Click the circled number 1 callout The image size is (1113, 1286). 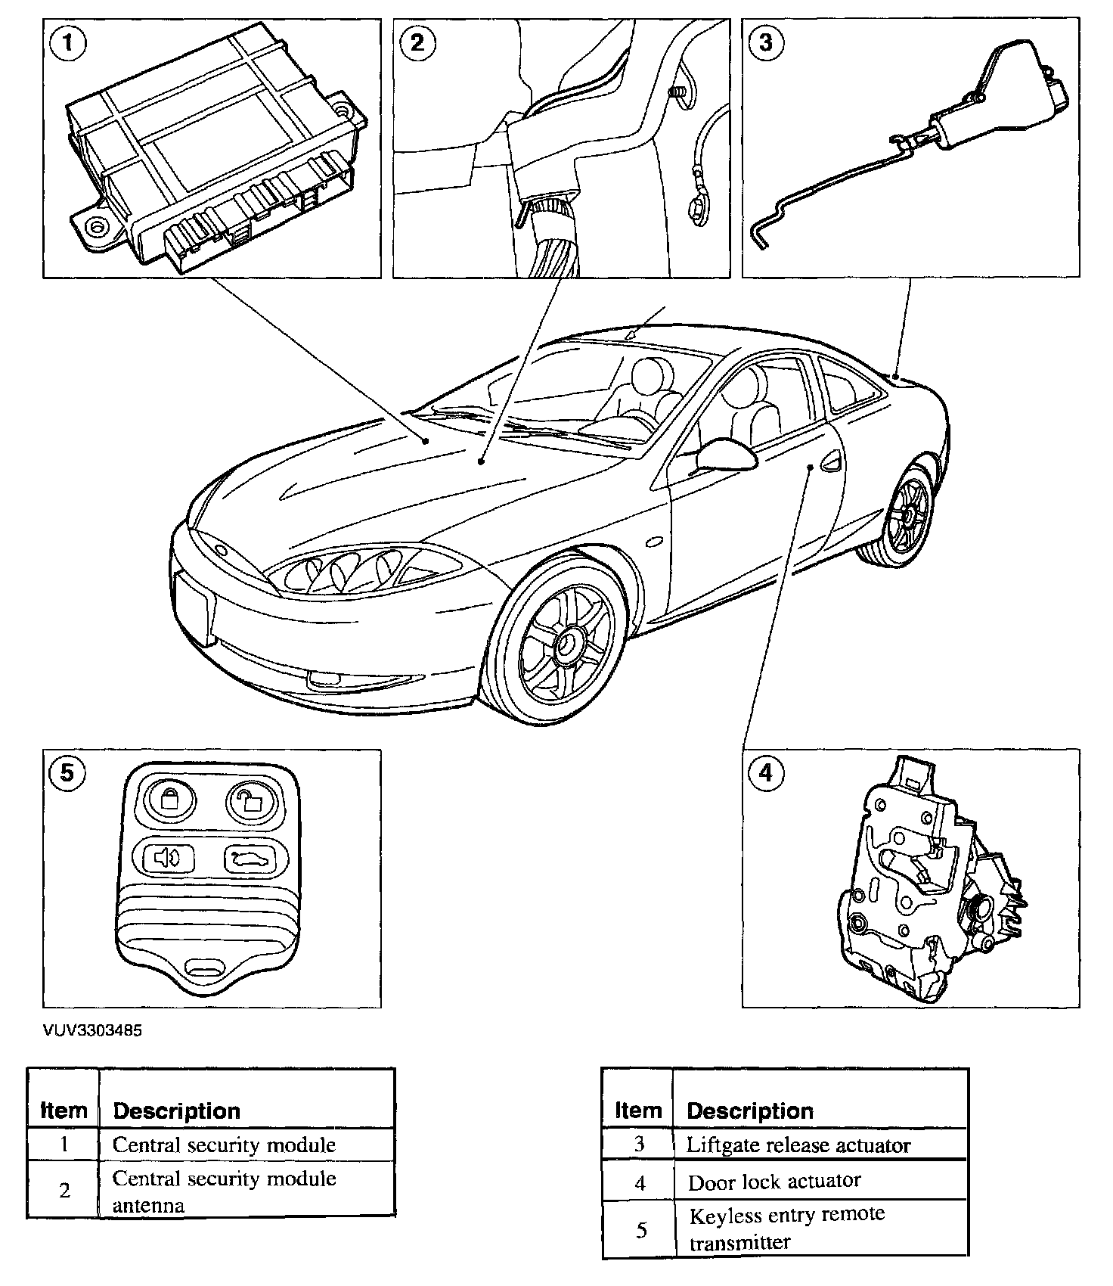(68, 42)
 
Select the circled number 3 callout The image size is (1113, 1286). (765, 42)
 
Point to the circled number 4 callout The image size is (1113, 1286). (765, 772)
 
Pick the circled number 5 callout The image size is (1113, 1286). (68, 772)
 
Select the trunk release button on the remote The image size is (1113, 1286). (246, 858)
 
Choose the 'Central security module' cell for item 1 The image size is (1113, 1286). (224, 1145)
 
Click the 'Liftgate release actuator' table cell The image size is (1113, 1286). (798, 1145)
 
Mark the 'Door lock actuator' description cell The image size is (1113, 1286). (774, 1181)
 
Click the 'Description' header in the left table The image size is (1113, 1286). (176, 1110)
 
